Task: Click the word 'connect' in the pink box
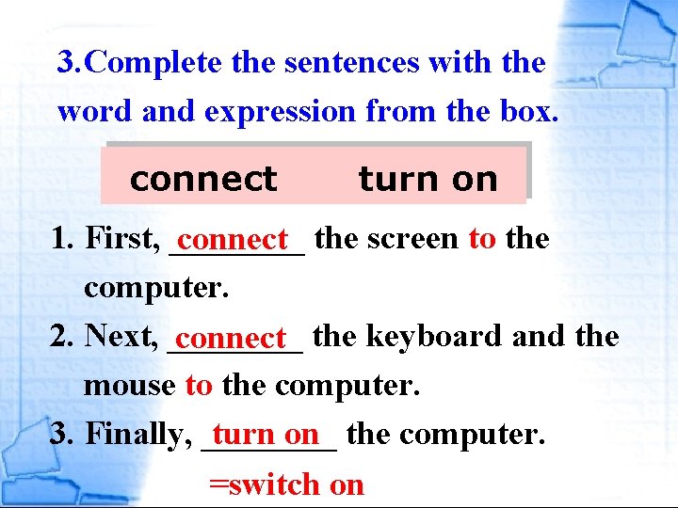tap(202, 179)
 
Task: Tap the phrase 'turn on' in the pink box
tap(428, 179)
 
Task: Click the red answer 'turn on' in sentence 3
tap(266, 434)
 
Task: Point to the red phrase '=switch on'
tap(286, 484)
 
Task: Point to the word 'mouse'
tap(129, 385)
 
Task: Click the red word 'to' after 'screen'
tap(482, 239)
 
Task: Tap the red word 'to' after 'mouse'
tap(199, 385)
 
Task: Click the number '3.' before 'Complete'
tap(70, 63)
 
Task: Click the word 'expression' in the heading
tap(279, 112)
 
